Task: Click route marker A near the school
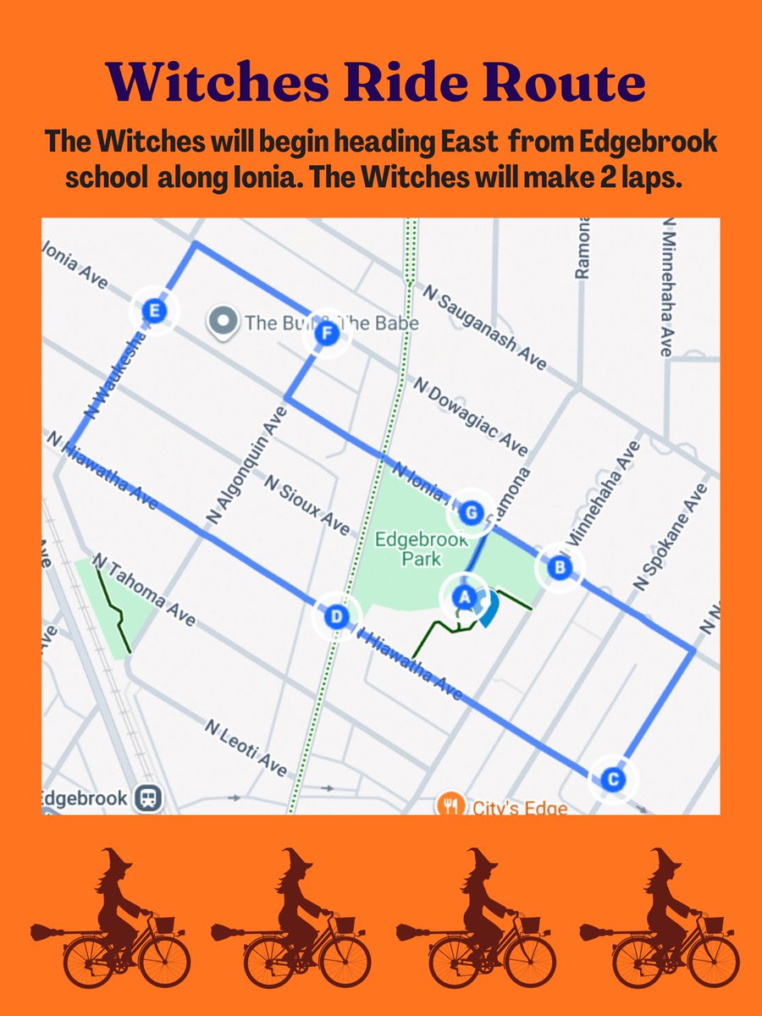click(463, 596)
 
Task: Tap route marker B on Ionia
click(558, 567)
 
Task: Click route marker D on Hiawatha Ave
click(336, 616)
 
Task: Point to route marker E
click(153, 311)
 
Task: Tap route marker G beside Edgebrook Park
click(472, 512)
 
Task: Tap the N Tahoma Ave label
click(144, 590)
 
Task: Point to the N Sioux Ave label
click(306, 505)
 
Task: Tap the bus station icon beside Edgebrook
click(152, 798)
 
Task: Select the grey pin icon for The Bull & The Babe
click(223, 321)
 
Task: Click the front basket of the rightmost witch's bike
click(714, 924)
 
